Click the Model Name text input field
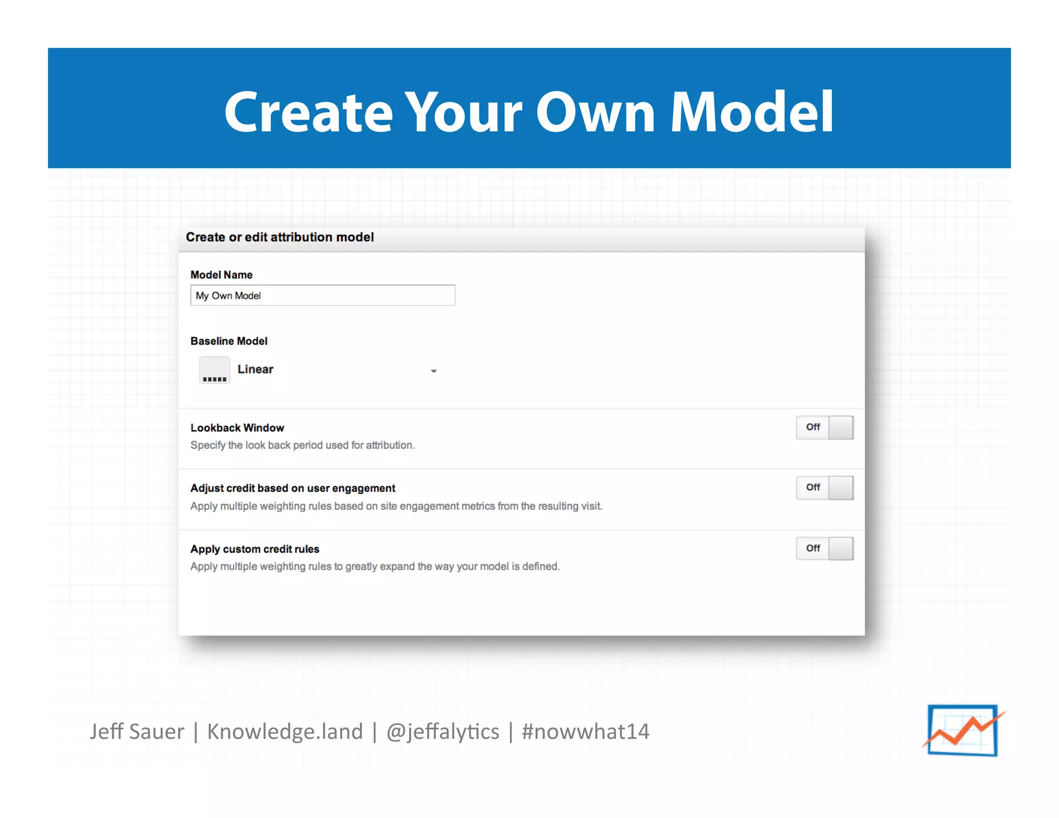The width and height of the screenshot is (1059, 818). (323, 295)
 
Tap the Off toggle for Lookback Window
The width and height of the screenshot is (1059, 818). (824, 427)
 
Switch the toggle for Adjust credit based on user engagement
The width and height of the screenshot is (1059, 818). (824, 488)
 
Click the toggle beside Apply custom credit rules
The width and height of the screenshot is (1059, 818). (824, 548)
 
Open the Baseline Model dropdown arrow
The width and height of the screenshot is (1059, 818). (434, 371)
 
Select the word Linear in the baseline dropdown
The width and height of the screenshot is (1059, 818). (255, 369)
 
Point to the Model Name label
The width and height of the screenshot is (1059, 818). (221, 275)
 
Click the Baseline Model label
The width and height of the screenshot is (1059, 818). (229, 341)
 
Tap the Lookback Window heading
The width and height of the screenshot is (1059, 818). (237, 428)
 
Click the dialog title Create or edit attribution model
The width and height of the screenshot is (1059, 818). (280, 237)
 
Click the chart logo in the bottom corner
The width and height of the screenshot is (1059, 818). (963, 730)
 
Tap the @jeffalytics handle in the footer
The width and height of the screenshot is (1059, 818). (443, 732)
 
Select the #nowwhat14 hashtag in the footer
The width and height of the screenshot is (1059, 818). (585, 732)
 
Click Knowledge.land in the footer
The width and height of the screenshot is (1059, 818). (285, 732)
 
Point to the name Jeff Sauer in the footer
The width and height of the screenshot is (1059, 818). (137, 732)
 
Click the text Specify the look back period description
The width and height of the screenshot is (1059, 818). (302, 445)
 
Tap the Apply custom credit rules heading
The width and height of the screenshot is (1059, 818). (255, 549)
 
